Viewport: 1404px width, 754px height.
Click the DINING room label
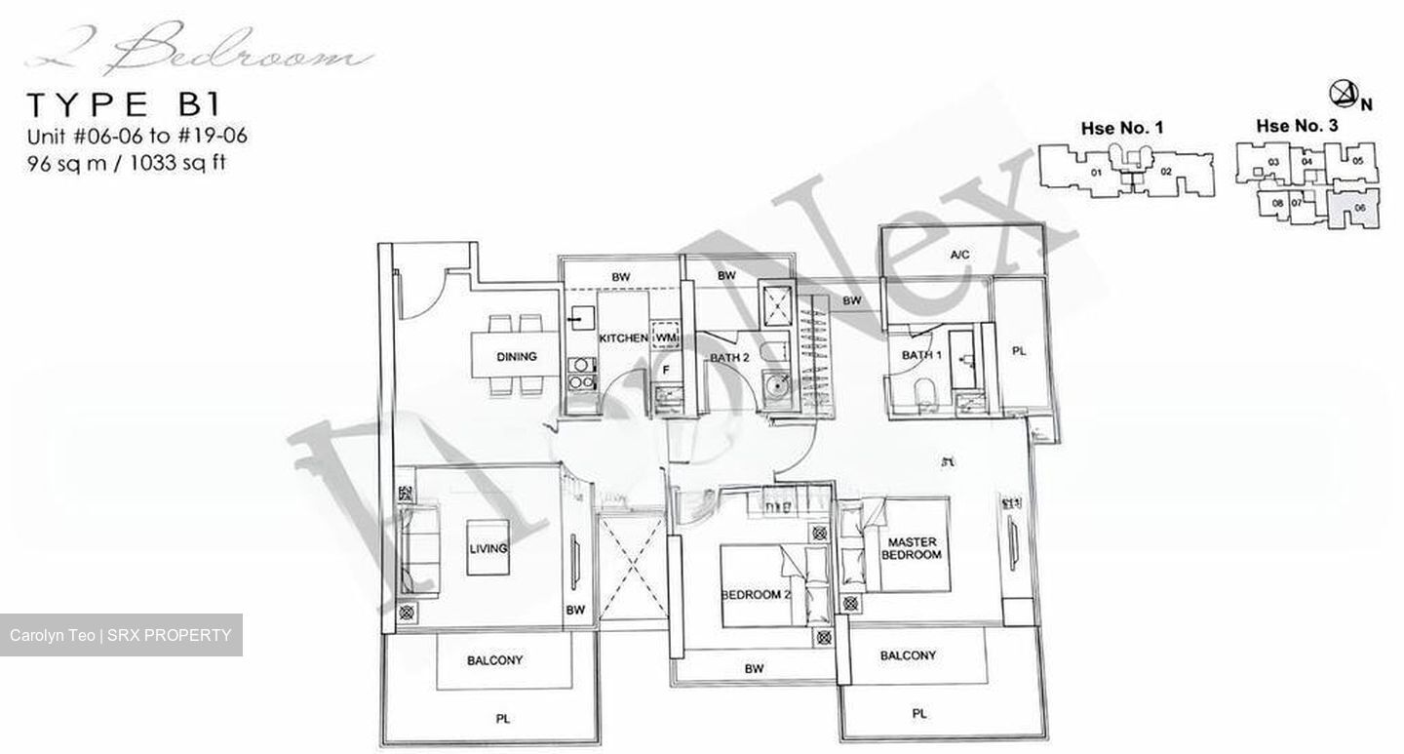[516, 357]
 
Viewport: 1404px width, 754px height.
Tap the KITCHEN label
[623, 337]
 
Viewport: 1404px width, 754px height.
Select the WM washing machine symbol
[665, 337]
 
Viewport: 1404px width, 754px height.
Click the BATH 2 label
[728, 358]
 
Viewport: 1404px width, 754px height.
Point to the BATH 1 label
[921, 355]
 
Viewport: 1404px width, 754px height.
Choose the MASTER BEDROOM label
[912, 548]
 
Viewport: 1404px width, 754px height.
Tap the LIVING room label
[487, 548]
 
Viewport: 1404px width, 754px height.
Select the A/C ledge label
[960, 256]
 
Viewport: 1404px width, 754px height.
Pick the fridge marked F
[666, 371]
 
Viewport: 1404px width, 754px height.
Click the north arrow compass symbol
[1343, 94]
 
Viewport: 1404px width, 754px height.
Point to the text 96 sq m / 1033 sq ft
[127, 163]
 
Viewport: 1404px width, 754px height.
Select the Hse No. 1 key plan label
[1121, 128]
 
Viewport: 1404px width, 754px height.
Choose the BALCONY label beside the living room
[494, 660]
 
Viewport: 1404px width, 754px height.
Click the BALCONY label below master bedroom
[908, 655]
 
